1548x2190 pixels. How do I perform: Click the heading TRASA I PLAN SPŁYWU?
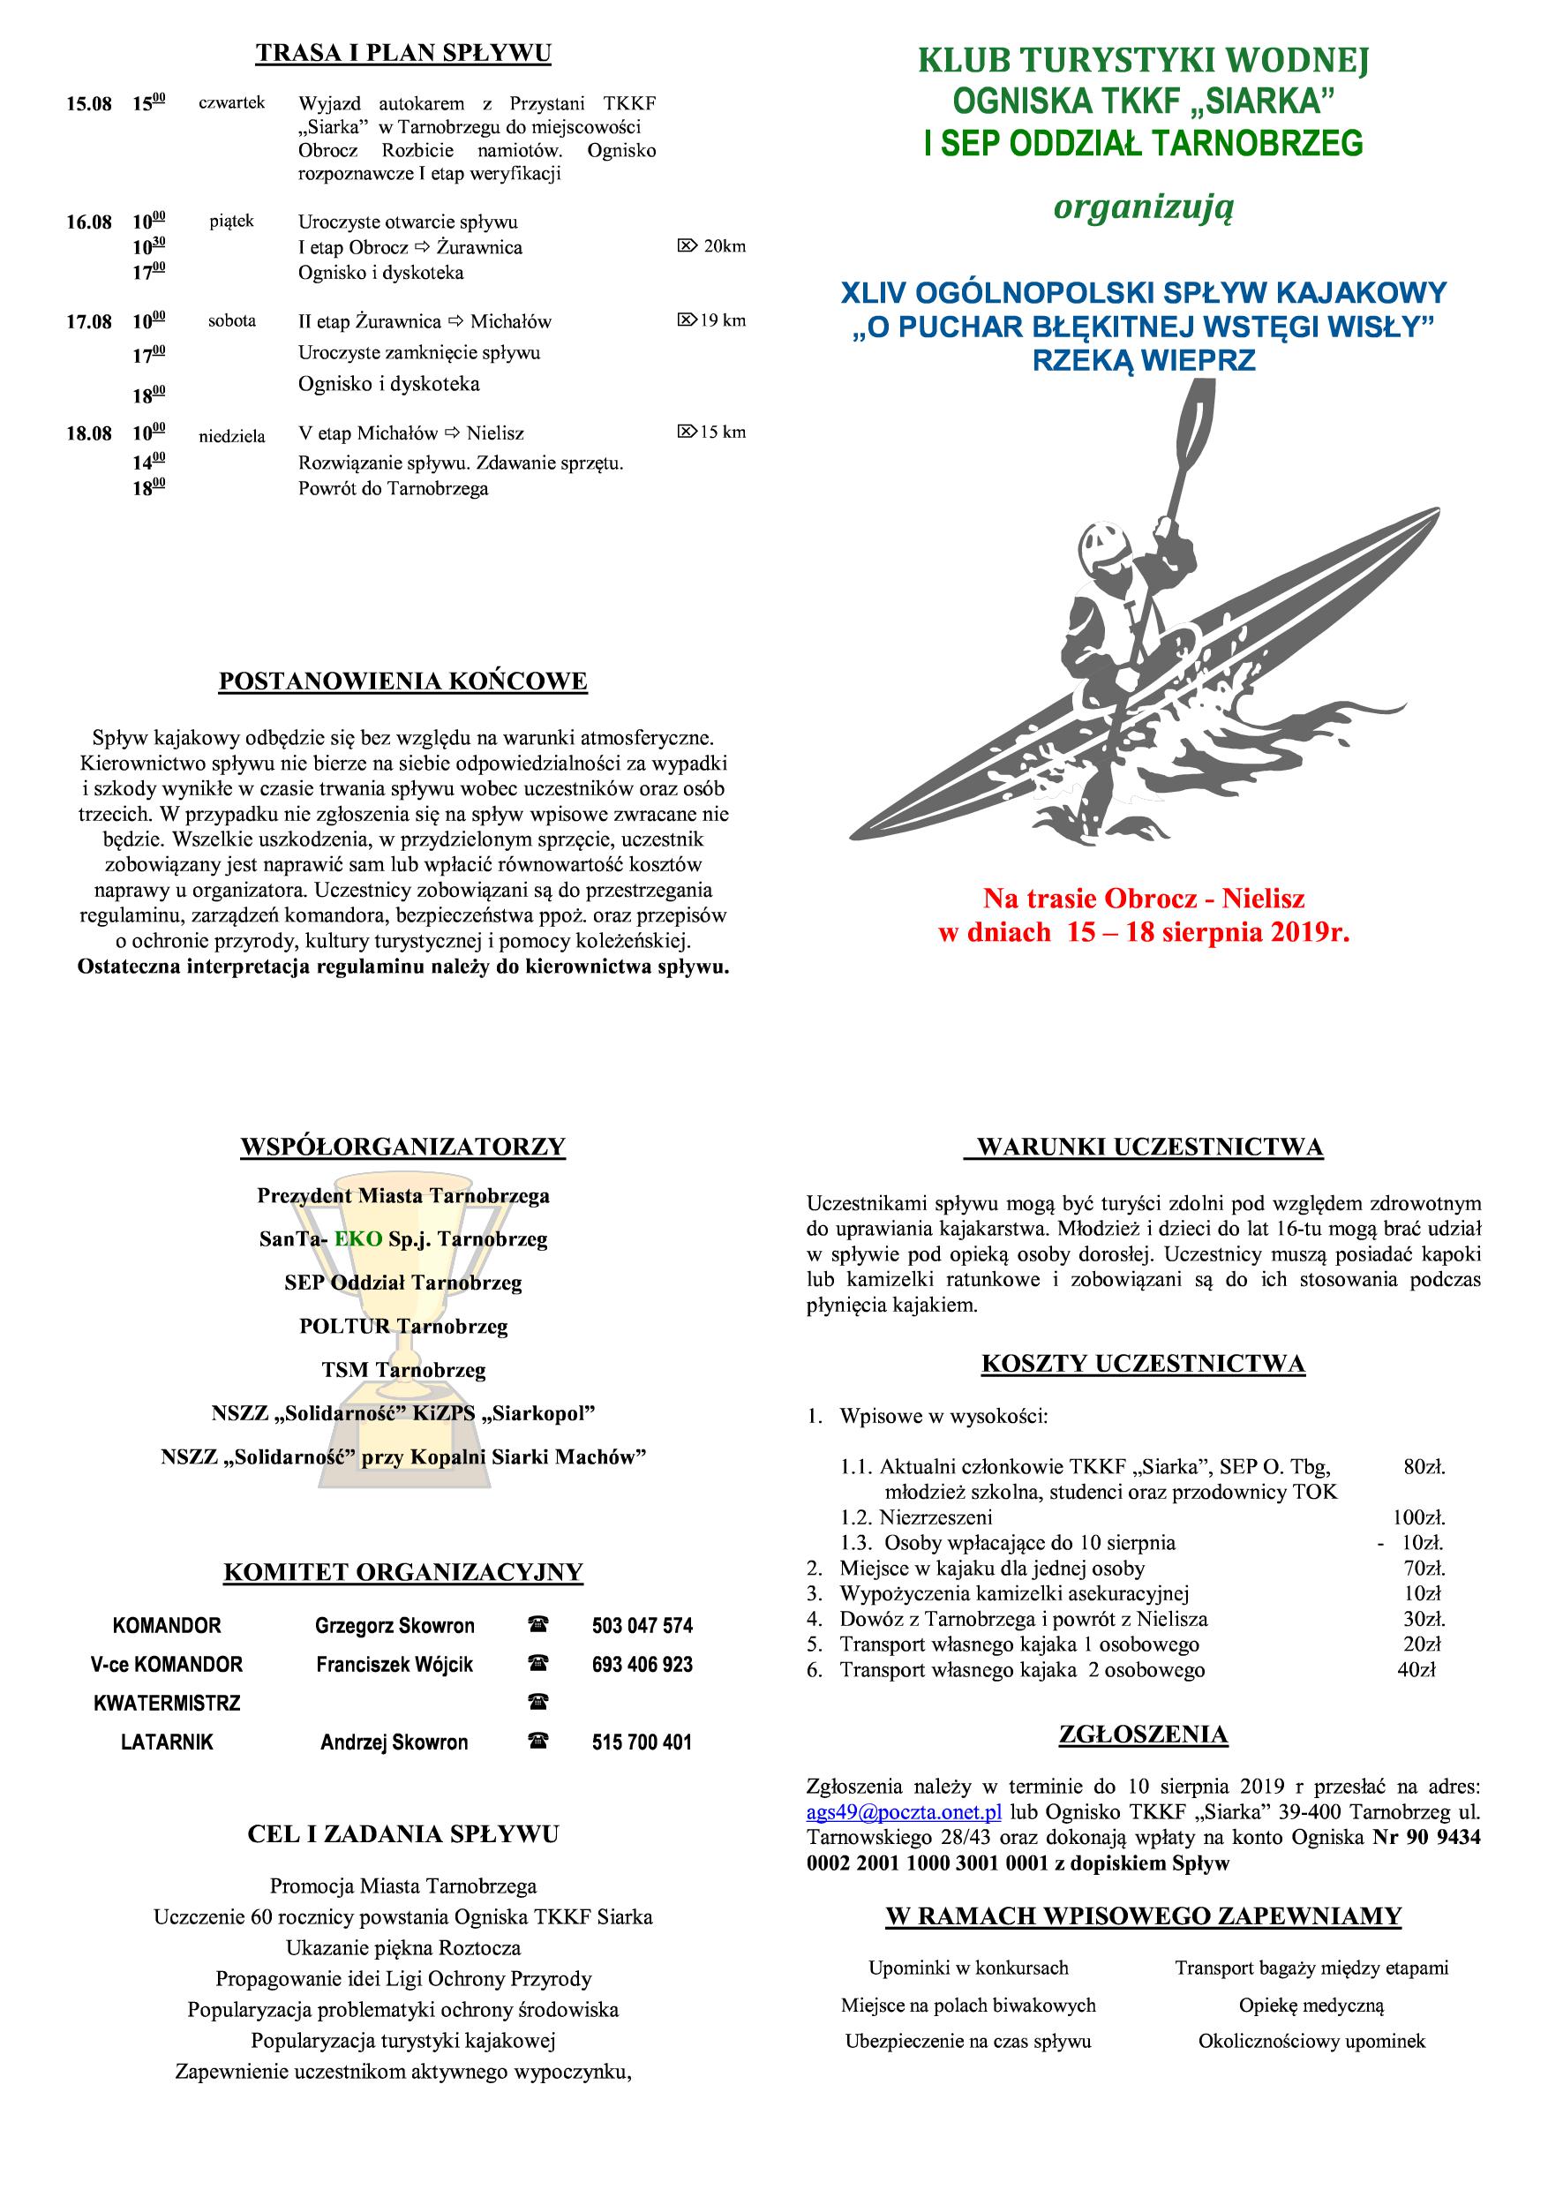[x=402, y=54]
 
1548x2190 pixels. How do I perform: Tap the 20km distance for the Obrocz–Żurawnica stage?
[x=724, y=247]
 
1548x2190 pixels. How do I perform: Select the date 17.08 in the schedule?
[x=89, y=322]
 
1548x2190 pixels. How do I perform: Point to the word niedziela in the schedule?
[x=232, y=437]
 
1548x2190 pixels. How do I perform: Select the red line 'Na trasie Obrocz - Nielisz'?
[x=1144, y=898]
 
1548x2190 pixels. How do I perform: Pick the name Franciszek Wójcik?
[x=394, y=1665]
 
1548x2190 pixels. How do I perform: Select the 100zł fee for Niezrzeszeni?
[x=1418, y=1516]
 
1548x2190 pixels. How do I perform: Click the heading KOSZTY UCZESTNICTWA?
[x=1143, y=1364]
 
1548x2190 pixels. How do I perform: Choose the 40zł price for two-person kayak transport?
[x=1416, y=1670]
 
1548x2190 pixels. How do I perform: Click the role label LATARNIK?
[x=166, y=1742]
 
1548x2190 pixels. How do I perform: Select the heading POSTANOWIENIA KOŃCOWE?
[x=402, y=681]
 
